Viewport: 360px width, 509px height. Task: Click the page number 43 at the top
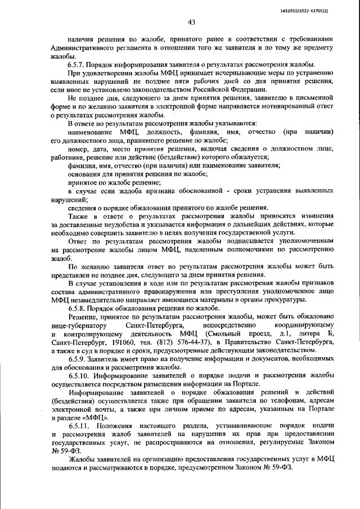(x=191, y=22)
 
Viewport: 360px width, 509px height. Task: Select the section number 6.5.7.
(x=78, y=65)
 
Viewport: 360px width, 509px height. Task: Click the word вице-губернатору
(x=77, y=326)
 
